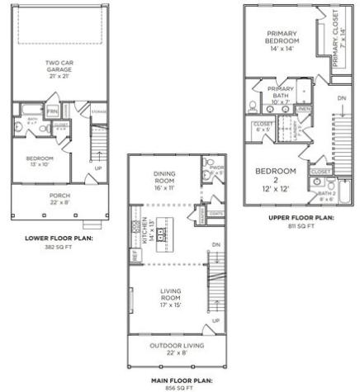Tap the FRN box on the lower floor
coord(51,111)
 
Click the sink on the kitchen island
coord(163,232)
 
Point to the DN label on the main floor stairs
coord(216,245)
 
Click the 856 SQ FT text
coord(172,387)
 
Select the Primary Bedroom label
coord(281,41)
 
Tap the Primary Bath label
coord(281,92)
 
